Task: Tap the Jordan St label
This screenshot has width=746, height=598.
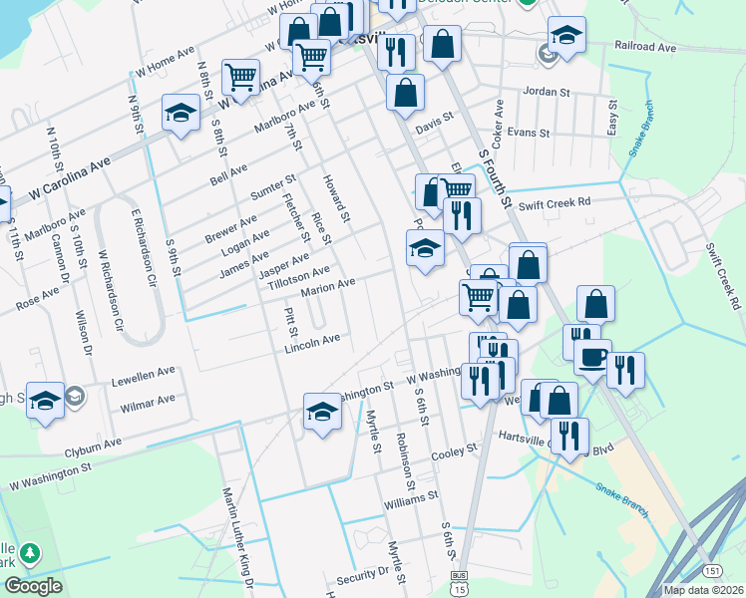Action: point(548,91)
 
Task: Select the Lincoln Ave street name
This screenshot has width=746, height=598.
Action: point(312,339)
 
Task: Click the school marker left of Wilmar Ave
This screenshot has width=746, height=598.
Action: point(45,401)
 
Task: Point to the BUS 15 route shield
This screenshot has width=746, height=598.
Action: point(459,583)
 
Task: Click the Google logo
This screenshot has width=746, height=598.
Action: point(34,586)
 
